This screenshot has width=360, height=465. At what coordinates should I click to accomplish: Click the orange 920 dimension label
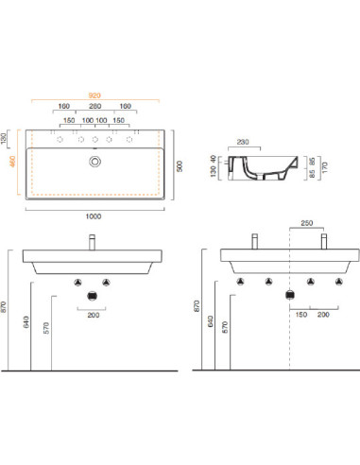[x=94, y=95]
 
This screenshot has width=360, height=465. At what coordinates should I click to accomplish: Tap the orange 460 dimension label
[x=12, y=162]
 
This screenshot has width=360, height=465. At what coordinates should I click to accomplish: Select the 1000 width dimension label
[x=94, y=216]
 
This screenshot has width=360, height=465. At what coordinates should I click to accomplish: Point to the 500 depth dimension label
[x=180, y=166]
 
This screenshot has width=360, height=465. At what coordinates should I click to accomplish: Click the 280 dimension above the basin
[x=94, y=106]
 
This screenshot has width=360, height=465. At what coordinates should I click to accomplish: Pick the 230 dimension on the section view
[x=243, y=142]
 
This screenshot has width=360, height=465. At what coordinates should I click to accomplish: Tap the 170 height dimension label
[x=325, y=167]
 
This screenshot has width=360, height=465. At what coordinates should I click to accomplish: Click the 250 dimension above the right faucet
[x=306, y=223]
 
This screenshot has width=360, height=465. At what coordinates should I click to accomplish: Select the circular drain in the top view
[x=94, y=162]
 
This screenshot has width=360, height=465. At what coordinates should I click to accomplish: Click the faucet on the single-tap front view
[x=92, y=242]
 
